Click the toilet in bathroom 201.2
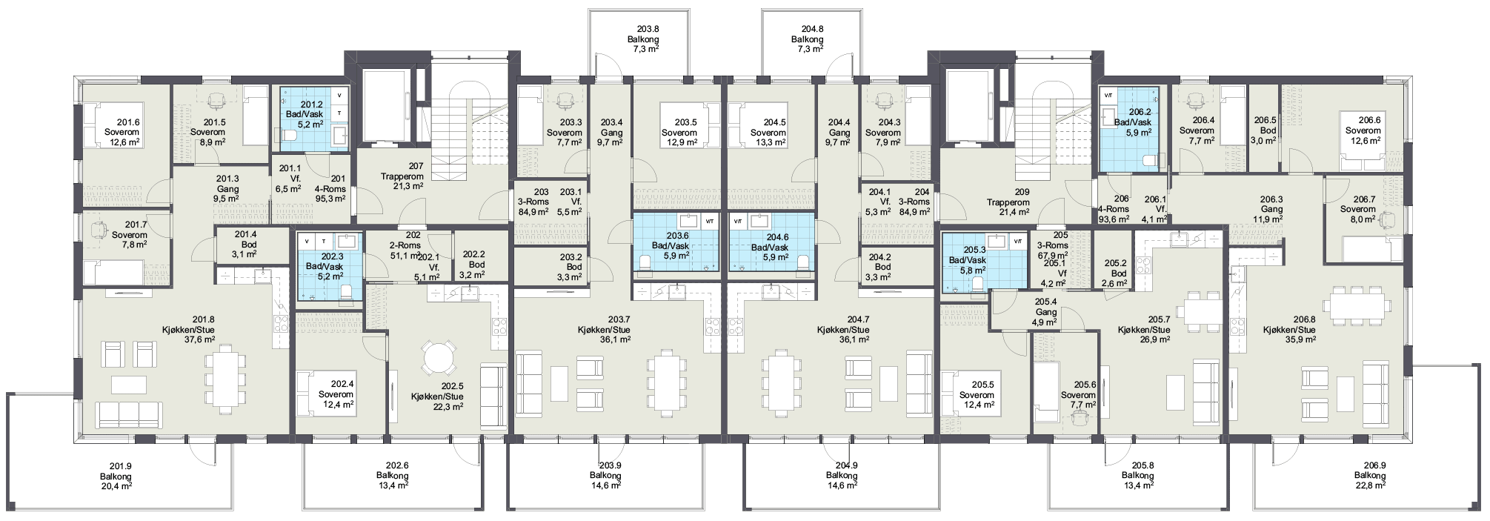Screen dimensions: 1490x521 pos(287,135)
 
